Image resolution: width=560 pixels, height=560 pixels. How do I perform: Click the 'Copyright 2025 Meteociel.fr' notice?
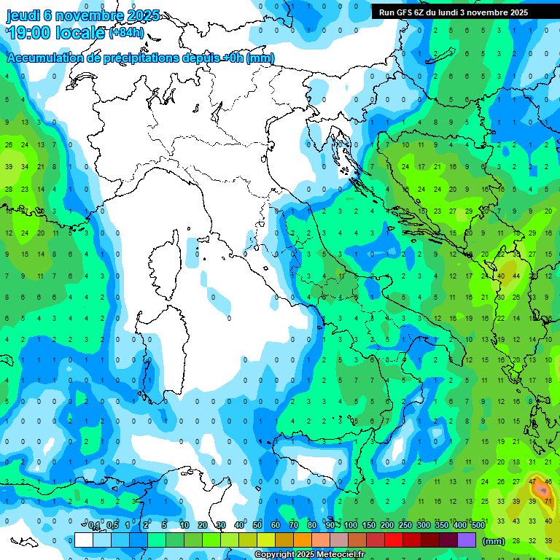[x=320, y=555]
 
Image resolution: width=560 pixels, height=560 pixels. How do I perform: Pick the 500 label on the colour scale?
[x=478, y=526]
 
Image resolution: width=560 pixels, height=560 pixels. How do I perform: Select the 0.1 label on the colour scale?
[x=94, y=526]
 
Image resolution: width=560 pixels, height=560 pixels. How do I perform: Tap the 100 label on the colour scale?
[x=351, y=526]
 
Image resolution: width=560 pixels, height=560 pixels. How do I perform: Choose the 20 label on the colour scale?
[x=203, y=526]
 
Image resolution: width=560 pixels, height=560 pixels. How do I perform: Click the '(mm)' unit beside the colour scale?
[x=494, y=541]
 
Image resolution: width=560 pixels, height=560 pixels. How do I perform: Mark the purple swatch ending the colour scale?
[x=467, y=540]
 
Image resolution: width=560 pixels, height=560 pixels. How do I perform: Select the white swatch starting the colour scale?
[x=84, y=540]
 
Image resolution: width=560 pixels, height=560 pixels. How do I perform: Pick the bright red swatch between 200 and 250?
[x=394, y=540]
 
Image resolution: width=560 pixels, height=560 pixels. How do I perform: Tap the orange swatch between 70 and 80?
[x=303, y=540]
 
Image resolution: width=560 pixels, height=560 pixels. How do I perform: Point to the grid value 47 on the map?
[x=534, y=482]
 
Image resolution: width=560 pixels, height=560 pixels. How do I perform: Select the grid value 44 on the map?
[x=516, y=276]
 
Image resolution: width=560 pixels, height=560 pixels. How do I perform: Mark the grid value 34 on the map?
[x=25, y=167]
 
